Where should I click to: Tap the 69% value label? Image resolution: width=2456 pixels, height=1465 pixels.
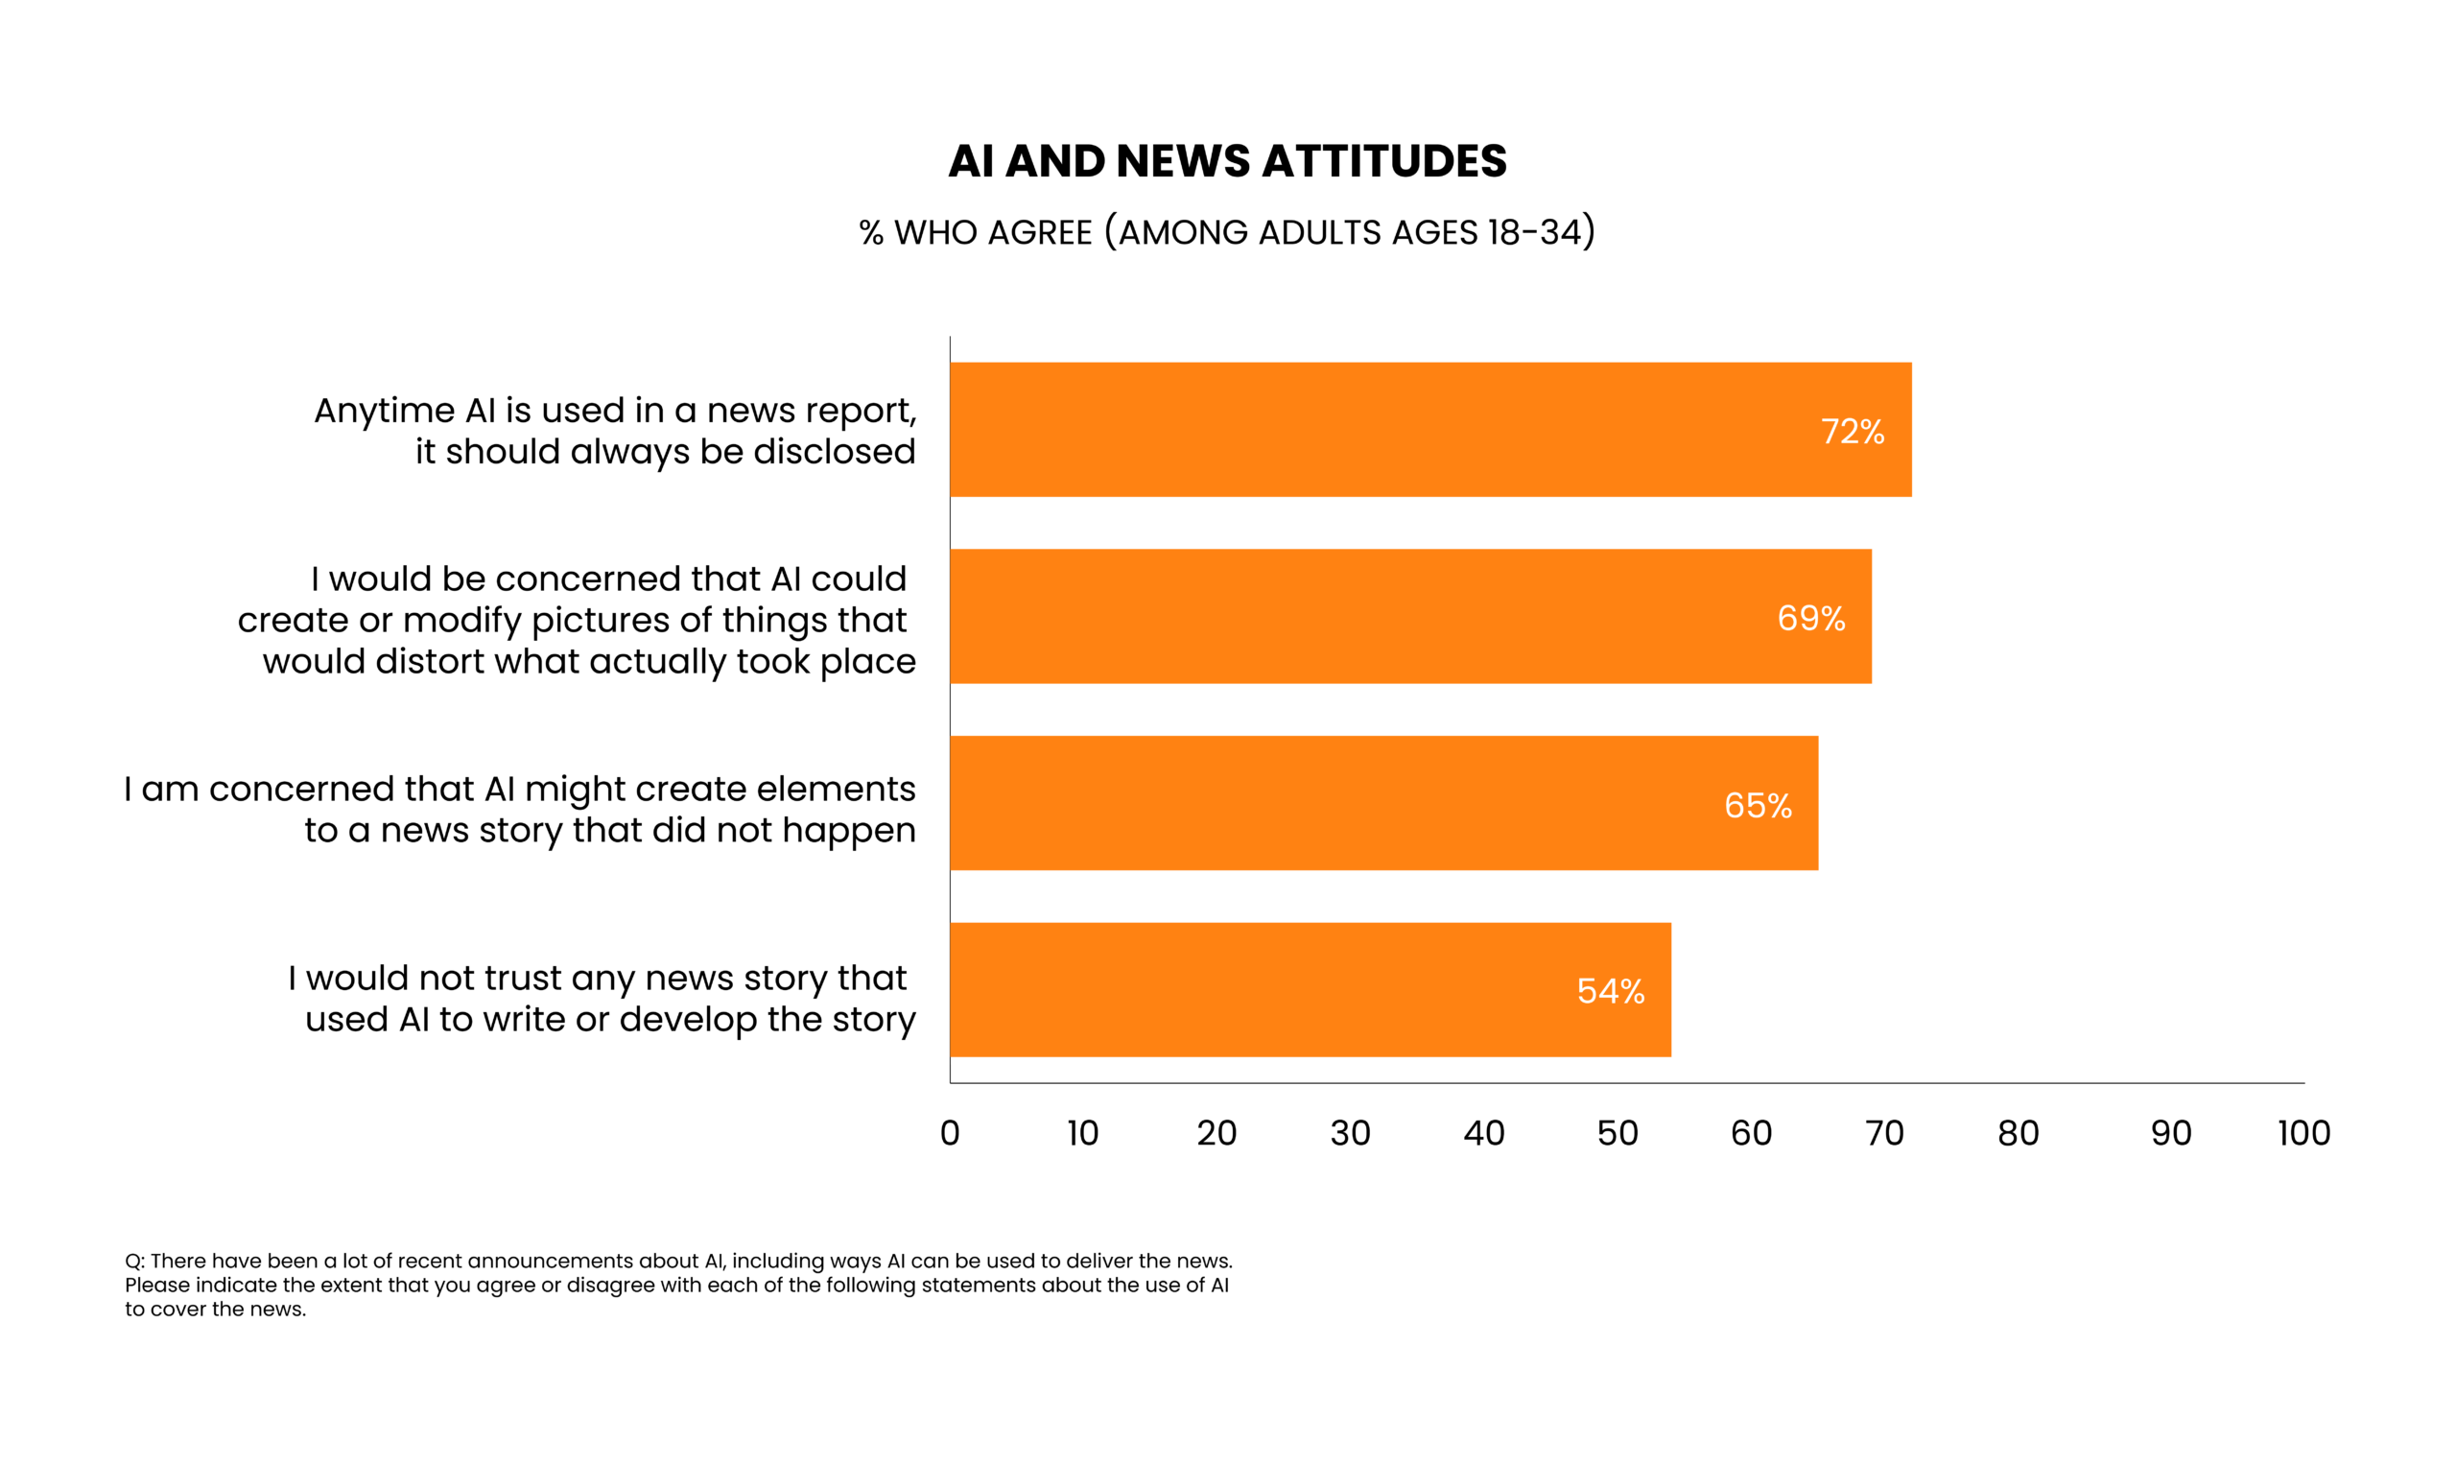click(x=1810, y=618)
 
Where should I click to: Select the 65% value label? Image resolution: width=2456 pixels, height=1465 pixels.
click(x=1758, y=806)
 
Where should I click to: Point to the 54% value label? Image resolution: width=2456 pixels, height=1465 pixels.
click(x=1610, y=991)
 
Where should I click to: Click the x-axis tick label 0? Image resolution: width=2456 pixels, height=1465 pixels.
click(x=950, y=1132)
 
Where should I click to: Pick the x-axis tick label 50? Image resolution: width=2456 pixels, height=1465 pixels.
click(x=1617, y=1132)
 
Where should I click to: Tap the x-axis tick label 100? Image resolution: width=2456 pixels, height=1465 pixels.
click(x=2303, y=1132)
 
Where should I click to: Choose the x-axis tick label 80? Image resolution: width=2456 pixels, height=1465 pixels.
click(x=2018, y=1132)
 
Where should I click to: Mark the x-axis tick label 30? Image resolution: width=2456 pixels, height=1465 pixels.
click(x=1350, y=1132)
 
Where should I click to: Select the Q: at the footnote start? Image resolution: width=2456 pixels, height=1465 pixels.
click(x=135, y=1261)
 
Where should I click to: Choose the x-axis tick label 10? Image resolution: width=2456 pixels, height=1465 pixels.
click(x=1083, y=1132)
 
